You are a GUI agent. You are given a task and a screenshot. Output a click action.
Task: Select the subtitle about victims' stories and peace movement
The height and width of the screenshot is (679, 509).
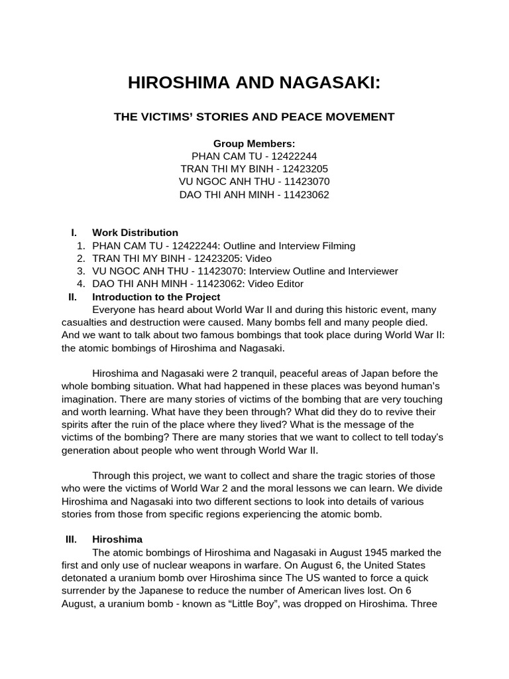254,117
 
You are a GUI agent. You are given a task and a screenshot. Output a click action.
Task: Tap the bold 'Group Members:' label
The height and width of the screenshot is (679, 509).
254,144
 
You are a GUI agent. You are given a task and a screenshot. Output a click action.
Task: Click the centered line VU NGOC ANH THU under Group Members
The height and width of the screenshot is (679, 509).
254,182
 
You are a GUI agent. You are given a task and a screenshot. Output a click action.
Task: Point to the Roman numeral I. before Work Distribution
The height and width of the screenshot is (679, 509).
74,233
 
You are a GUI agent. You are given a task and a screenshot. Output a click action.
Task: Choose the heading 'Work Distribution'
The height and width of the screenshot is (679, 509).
135,233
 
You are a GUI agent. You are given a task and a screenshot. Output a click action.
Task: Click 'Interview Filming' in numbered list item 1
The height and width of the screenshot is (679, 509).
317,245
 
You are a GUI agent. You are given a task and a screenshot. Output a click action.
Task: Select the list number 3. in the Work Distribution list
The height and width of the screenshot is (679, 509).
80,271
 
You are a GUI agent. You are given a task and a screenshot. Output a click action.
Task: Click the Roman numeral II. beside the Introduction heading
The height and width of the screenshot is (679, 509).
73,297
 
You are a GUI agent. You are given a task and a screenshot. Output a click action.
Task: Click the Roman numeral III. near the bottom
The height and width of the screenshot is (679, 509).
72,539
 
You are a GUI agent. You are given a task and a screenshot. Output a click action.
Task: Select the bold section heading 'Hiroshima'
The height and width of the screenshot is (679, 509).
113,539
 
